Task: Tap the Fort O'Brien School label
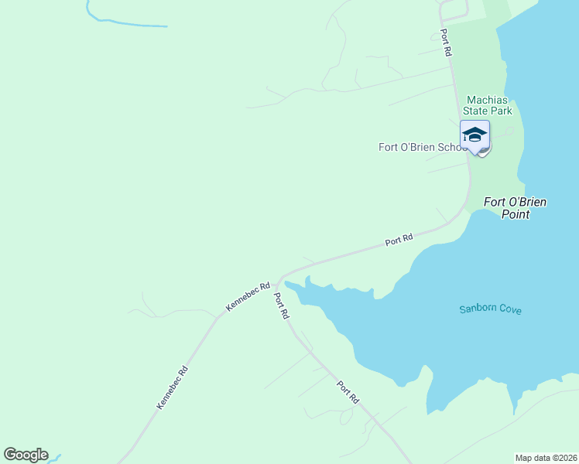[423, 147]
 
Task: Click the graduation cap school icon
[475, 135]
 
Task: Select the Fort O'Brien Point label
[516, 208]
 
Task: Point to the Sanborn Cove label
[490, 309]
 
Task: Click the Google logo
[26, 455]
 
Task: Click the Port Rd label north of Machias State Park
[446, 43]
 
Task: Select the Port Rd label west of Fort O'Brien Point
[399, 241]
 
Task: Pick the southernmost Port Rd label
[348, 392]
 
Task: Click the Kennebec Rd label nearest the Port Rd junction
[248, 296]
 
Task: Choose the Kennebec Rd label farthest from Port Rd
[173, 387]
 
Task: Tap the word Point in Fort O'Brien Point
[516, 214]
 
